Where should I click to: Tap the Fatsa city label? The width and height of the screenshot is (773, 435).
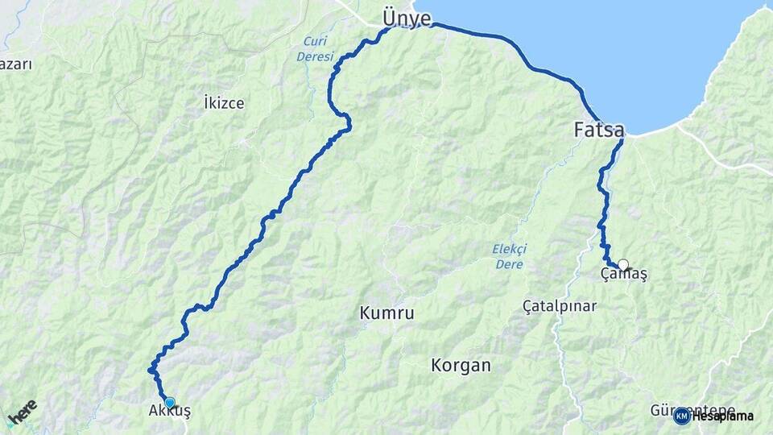coord(601,129)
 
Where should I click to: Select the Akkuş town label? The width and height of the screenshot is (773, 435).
coord(170,412)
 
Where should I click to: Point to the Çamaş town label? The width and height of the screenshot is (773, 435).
coord(624,275)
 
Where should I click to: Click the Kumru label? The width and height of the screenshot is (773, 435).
coord(388,313)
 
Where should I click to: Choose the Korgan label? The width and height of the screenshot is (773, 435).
coord(461,365)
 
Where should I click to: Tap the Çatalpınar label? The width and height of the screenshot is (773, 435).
coord(560,307)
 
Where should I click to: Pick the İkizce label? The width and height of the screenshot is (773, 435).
coord(224,103)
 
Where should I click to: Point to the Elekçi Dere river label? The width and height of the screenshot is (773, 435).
coord(508,256)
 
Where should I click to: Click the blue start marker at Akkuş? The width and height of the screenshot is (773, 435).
coord(169,402)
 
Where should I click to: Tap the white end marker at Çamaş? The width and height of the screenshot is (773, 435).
coord(622,264)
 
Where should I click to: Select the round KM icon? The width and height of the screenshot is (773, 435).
coord(682,416)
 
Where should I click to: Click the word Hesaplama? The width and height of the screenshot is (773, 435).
coord(722,416)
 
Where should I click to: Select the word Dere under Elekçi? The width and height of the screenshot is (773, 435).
coord(509,264)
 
